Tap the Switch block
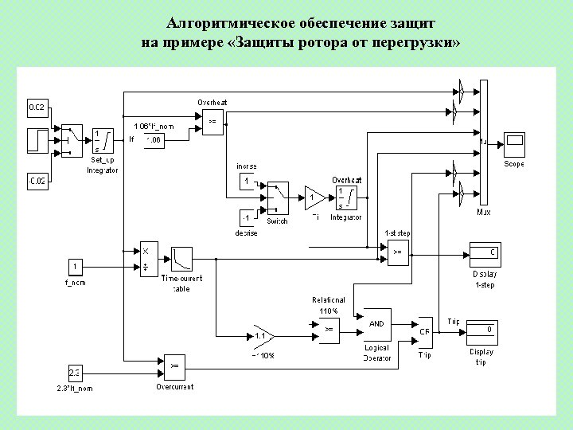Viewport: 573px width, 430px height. pyautogui.click(x=277, y=197)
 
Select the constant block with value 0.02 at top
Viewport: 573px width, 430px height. pyautogui.click(x=37, y=107)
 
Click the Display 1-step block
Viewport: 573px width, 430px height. pyautogui.click(x=484, y=254)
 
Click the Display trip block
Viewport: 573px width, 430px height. pyautogui.click(x=483, y=330)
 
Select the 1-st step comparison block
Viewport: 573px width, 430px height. pyautogui.click(x=397, y=252)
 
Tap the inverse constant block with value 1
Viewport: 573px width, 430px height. pyautogui.click(x=248, y=182)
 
